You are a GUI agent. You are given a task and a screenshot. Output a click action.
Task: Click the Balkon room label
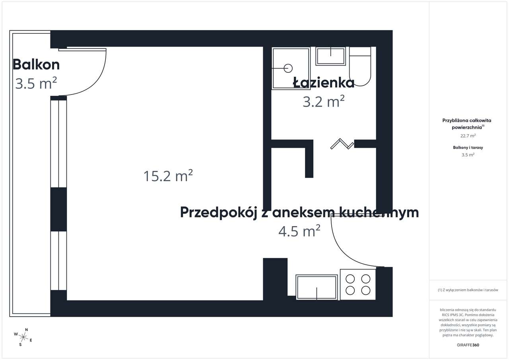tap(36, 64)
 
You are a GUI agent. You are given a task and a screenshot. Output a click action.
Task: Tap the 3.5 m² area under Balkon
tap(36, 84)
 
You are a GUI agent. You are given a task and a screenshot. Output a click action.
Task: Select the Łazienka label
tap(324, 83)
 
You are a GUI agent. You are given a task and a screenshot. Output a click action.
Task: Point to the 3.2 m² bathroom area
tap(323, 102)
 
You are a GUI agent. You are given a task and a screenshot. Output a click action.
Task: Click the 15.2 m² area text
tap(168, 175)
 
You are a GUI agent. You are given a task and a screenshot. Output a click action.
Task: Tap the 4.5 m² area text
tap(299, 231)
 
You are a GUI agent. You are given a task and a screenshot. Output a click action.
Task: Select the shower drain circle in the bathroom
tap(289, 68)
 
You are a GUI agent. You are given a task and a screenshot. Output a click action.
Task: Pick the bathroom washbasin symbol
tap(330, 56)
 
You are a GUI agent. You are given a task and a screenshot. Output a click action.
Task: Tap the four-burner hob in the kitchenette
tap(357, 285)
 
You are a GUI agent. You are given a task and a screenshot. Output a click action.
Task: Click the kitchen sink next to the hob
tap(317, 287)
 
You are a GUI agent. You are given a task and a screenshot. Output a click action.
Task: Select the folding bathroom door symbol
tap(342, 144)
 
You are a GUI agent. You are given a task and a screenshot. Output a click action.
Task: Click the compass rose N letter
tap(26, 330)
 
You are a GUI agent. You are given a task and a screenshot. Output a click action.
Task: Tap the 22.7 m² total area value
tap(468, 135)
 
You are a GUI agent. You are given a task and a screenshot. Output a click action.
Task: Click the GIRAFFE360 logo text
tap(468, 345)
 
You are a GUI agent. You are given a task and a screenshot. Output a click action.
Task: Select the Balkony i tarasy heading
tap(468, 147)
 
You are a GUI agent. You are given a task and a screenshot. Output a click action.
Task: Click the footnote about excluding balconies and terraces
tap(468, 290)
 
